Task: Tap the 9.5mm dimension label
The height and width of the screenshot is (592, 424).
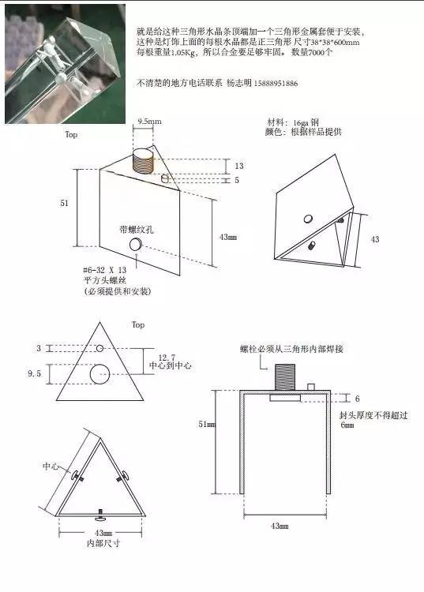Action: coord(149,122)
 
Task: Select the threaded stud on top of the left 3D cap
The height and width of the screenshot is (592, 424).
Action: coord(144,160)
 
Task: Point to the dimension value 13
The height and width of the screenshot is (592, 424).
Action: coord(239,166)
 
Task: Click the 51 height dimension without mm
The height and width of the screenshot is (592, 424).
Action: coord(65,203)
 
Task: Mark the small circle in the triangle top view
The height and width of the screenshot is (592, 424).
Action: coord(99,348)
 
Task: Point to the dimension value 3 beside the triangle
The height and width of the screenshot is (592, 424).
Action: coord(38,348)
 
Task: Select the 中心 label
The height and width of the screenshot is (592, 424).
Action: coord(51,466)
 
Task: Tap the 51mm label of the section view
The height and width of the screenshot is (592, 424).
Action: coord(207,424)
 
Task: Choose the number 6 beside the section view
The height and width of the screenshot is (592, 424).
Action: coord(357,399)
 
